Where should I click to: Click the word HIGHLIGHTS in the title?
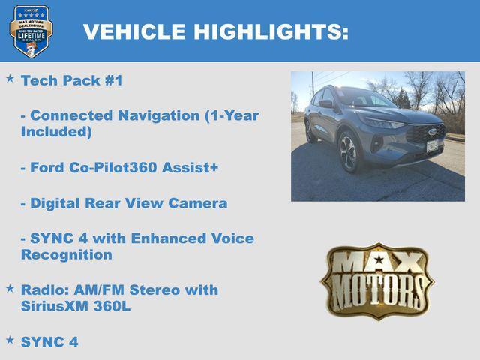pos(270,32)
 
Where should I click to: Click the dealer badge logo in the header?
pos(31,31)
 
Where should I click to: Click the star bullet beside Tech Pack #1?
pos(10,78)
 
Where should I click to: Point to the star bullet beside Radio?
pos(10,288)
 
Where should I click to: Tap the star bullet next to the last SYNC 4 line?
pos(10,340)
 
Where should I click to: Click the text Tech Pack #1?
pos(71,80)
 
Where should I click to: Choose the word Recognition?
pos(66,255)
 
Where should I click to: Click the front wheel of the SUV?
pos(349,152)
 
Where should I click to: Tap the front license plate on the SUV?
pos(432,145)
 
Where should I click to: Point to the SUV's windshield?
pos(365,98)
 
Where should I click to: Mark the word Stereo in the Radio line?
pos(160,290)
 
